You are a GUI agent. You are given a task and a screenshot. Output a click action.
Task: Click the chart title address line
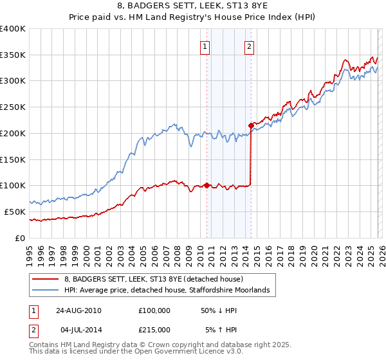click(x=194, y=6)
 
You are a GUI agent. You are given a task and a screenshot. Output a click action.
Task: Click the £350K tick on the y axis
click(x=13, y=55)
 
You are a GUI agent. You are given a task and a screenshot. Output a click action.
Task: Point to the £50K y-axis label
click(x=14, y=212)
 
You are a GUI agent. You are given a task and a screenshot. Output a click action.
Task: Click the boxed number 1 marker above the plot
click(x=205, y=46)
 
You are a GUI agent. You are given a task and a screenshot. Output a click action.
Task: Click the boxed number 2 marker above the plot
click(x=248, y=46)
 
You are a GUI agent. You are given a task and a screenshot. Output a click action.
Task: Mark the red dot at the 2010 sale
click(x=207, y=185)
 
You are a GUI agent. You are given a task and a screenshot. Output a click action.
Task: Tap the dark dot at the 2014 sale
click(x=250, y=125)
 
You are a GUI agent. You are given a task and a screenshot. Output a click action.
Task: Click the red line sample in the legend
click(x=45, y=280)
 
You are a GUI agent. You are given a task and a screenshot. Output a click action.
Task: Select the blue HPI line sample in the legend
click(x=45, y=291)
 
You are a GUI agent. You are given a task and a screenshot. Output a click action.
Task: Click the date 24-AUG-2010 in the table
click(x=78, y=310)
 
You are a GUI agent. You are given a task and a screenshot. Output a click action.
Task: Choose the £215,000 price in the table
click(x=154, y=329)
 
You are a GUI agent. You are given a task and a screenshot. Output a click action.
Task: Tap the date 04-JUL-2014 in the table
click(x=78, y=329)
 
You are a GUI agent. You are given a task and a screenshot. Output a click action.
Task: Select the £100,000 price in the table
click(x=154, y=310)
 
